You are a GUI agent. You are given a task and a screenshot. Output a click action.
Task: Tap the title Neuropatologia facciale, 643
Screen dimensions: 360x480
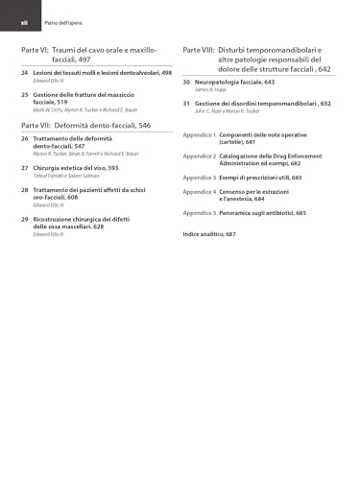click(228, 83)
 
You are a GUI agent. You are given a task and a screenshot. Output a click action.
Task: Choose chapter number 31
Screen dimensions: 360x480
click(186, 103)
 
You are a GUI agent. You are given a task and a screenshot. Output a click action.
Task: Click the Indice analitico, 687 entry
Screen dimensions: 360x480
click(208, 234)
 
